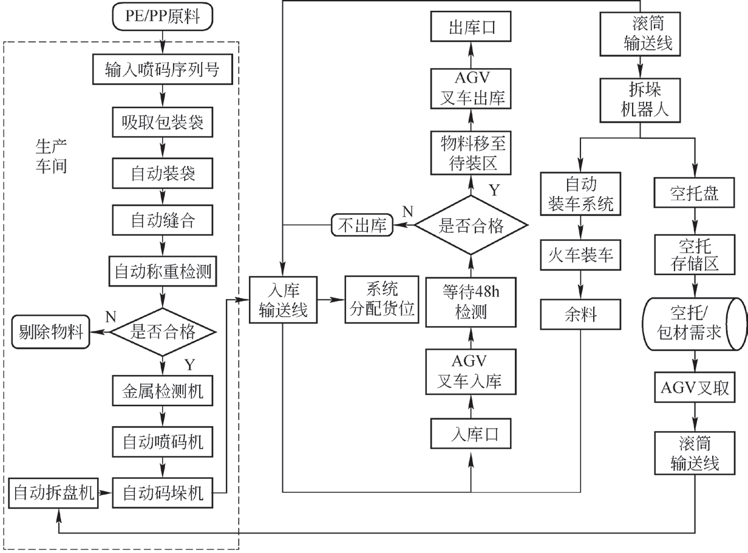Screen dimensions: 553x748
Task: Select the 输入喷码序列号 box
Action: pyautogui.click(x=163, y=70)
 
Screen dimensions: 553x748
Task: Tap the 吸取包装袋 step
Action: pyautogui.click(x=163, y=123)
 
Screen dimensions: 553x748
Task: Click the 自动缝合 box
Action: pyautogui.click(x=163, y=220)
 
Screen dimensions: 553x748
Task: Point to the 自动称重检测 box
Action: pyautogui.click(x=163, y=270)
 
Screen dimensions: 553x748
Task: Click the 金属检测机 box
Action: pyautogui.click(x=163, y=392)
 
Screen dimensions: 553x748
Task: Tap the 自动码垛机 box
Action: pyautogui.click(x=163, y=492)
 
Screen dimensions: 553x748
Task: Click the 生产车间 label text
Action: pyautogui.click(x=51, y=156)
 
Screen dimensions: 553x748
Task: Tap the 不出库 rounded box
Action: pyautogui.click(x=361, y=226)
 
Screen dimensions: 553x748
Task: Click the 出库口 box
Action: pyautogui.click(x=471, y=28)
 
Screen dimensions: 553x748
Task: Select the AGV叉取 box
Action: pyautogui.click(x=695, y=388)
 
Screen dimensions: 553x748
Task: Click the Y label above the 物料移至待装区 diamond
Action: pyautogui.click(x=495, y=191)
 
